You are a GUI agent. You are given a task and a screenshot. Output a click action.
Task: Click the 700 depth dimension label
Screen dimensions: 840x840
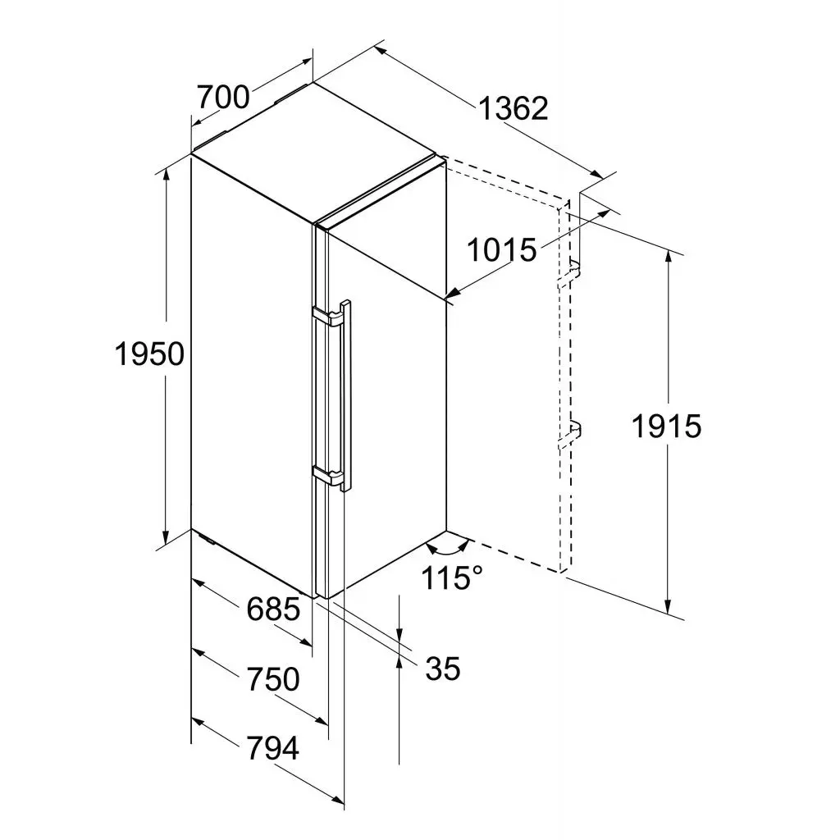click(223, 98)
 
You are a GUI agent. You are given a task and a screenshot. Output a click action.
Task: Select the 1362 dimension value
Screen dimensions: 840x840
click(514, 109)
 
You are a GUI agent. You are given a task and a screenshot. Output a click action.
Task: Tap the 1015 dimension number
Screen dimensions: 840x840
click(502, 249)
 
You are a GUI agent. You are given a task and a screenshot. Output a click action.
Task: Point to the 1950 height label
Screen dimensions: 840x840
click(149, 354)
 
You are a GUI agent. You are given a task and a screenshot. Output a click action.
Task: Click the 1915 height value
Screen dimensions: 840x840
click(666, 427)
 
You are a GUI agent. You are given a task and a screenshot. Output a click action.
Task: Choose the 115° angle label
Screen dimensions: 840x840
click(452, 577)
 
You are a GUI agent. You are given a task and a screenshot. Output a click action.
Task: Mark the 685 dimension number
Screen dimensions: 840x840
click(273, 609)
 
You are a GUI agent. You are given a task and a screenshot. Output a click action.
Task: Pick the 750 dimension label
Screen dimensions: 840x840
click(273, 679)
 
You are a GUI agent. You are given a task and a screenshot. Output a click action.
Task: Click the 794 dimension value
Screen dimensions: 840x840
click(272, 748)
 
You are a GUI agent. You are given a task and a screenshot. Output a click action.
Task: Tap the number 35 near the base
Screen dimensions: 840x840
click(443, 669)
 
